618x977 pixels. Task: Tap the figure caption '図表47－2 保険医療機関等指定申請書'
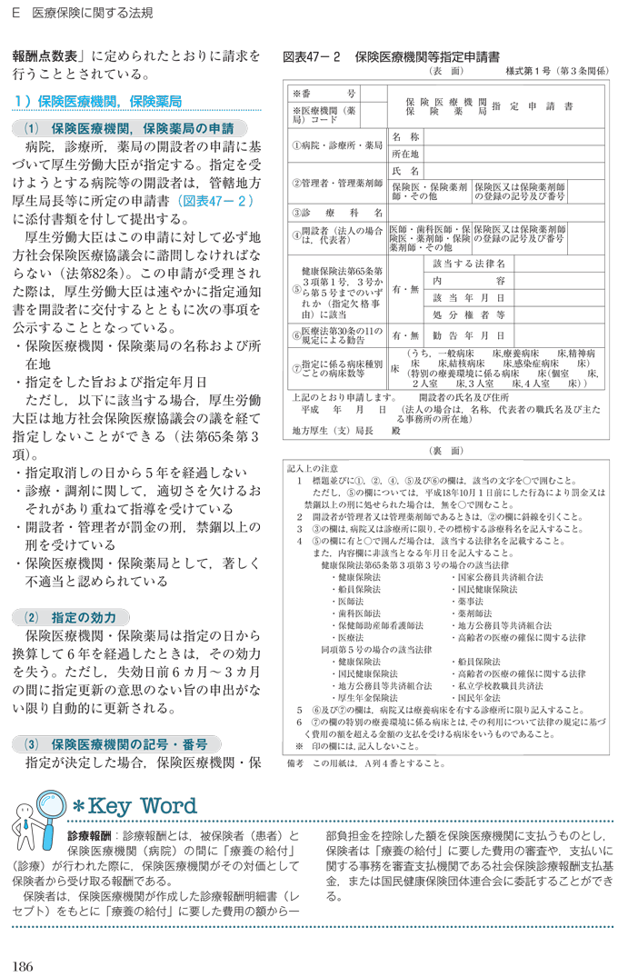pyautogui.click(x=391, y=56)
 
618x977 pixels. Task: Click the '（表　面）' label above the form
pyautogui.click(x=445, y=71)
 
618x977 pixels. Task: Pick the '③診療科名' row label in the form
pyautogui.click(x=335, y=213)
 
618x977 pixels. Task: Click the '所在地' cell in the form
pyautogui.click(x=404, y=154)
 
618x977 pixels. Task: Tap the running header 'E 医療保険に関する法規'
pyautogui.click(x=82, y=14)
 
